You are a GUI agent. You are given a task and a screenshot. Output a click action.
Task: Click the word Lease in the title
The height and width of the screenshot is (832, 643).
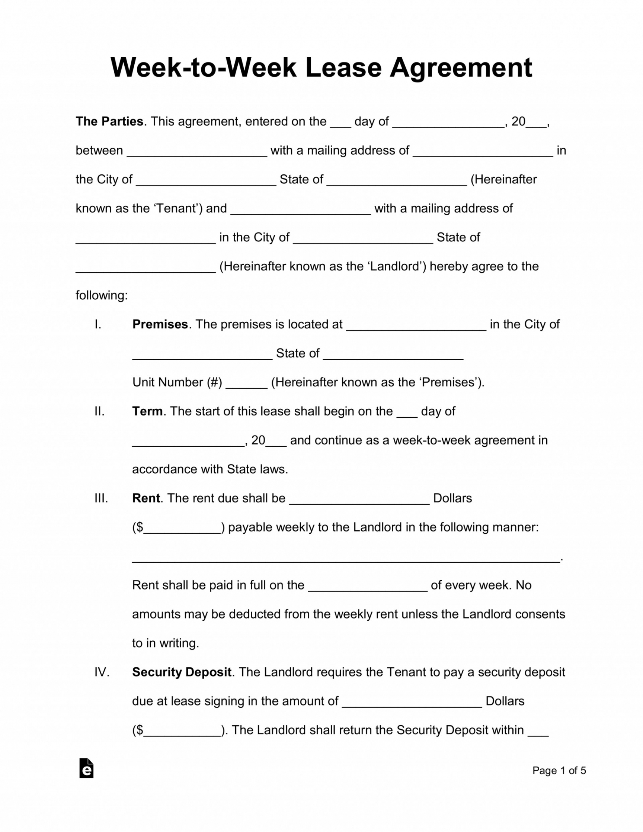coord(343,68)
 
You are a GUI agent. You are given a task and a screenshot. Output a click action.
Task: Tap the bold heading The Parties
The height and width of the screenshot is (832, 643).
coord(109,122)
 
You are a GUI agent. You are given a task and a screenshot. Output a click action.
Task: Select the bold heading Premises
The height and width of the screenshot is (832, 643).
coord(160,324)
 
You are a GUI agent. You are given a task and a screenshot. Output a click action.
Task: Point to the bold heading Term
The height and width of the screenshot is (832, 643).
coord(147,411)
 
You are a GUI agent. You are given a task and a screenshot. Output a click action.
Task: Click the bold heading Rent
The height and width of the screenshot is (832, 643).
coord(145,498)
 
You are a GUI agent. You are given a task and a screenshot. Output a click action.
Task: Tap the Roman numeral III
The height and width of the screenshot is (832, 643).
coord(101,498)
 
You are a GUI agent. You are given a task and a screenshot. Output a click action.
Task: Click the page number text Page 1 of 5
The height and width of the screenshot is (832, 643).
coord(559,770)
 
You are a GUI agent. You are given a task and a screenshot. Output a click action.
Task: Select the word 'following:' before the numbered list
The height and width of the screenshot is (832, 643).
coord(102,295)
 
